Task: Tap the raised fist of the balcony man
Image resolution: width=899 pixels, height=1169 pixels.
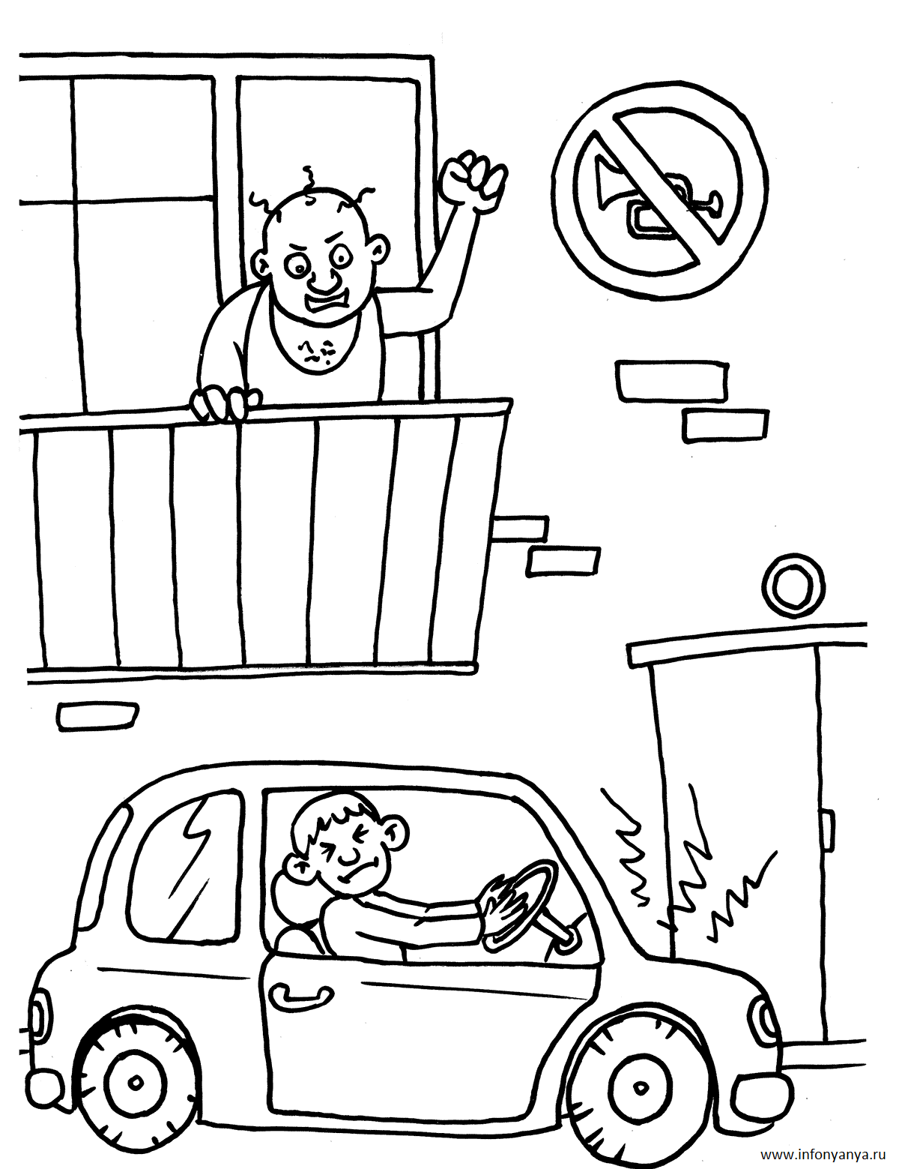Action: point(473,179)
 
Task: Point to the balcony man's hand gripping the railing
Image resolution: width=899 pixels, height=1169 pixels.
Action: point(225,404)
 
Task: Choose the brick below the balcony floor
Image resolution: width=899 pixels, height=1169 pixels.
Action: point(98,716)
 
